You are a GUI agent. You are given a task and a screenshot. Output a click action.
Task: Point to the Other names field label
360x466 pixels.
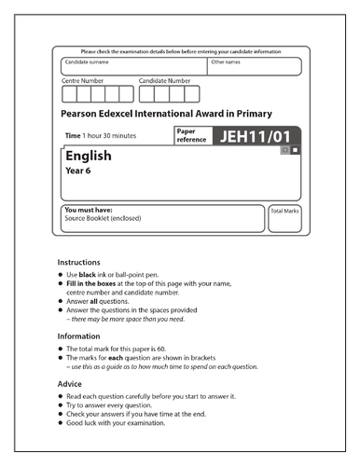[226, 62]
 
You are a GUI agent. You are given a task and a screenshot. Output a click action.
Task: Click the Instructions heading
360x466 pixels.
[81, 263]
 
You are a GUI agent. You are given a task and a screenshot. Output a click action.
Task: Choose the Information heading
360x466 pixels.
[81, 335]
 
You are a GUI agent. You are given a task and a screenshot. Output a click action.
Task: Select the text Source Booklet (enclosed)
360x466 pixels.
[102, 221]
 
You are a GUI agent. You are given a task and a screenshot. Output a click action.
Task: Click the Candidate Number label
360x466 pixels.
[168, 81]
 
